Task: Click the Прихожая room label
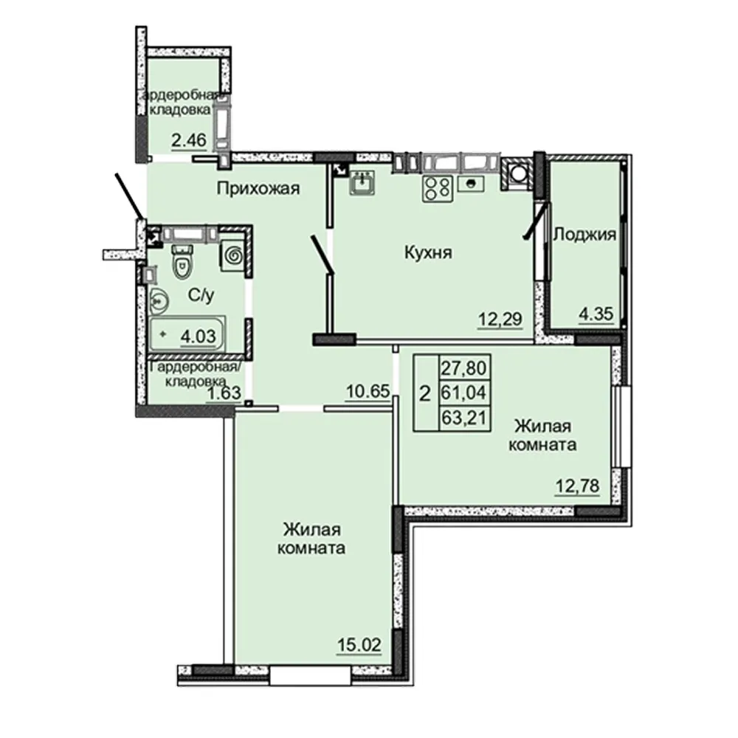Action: [x=258, y=189]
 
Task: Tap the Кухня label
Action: [x=428, y=252]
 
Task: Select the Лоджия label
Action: [x=584, y=234]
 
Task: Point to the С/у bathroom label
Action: [x=201, y=295]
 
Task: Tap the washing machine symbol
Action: [x=234, y=256]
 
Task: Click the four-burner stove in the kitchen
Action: [x=438, y=188]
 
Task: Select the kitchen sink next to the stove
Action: [x=471, y=184]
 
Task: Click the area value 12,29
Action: [x=500, y=319]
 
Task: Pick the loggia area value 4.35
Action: [x=596, y=314]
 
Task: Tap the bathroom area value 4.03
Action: [x=198, y=336]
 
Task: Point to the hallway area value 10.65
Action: [x=368, y=390]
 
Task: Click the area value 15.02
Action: [x=359, y=645]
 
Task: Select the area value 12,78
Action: [x=578, y=486]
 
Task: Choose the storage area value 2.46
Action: [x=189, y=139]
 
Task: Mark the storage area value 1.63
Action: [x=224, y=392]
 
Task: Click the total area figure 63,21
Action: [x=464, y=418]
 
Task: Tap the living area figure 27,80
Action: [x=464, y=368]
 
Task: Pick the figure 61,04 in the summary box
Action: [x=464, y=392]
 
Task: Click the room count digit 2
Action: [x=425, y=393]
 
